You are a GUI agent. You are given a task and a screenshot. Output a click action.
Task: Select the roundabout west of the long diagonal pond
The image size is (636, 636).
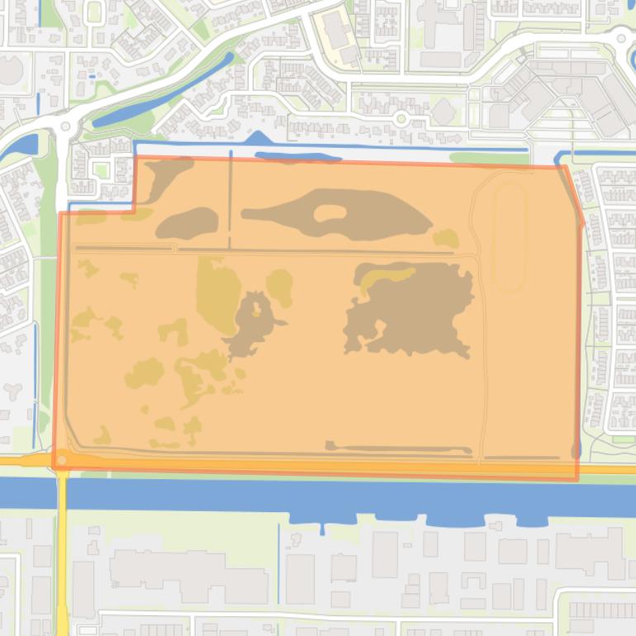(66, 126)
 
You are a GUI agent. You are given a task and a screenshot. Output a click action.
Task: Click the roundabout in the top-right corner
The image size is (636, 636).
(622, 36)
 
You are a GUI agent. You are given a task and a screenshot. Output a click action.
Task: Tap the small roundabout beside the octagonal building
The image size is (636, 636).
(402, 118)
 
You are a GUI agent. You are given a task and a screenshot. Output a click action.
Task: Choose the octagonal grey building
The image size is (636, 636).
(444, 111)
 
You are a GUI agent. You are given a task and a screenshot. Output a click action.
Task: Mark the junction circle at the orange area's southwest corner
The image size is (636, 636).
(61, 459)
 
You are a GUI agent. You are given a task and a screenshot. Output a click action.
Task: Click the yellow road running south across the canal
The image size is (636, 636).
(63, 562)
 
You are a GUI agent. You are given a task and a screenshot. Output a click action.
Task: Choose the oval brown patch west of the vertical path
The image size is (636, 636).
(187, 222)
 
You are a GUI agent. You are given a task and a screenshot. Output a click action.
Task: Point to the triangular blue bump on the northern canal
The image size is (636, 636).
(259, 139)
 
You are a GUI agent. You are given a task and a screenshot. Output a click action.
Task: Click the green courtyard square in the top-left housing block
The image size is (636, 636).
(102, 170)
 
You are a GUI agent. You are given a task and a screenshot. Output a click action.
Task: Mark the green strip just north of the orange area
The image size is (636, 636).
(487, 158)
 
